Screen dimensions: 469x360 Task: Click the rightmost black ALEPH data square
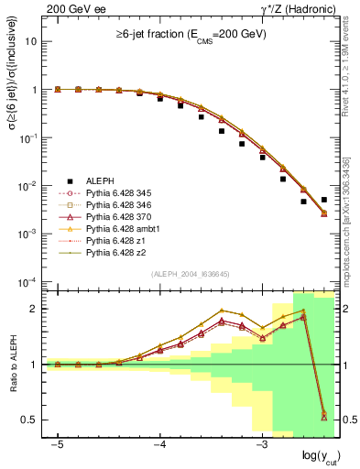[x=323, y=200]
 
